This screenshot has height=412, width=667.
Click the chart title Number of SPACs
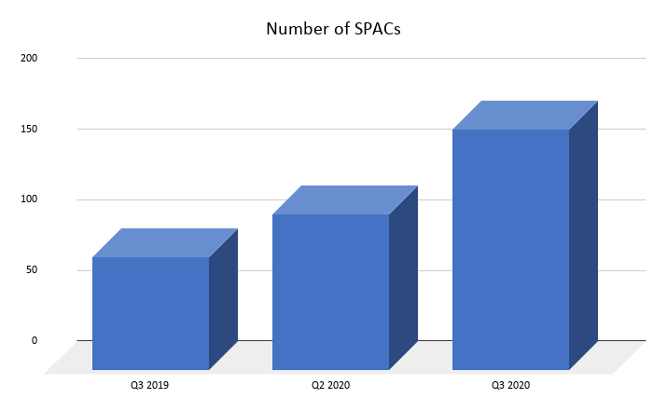pos(333,28)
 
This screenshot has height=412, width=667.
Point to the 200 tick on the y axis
pos(29,58)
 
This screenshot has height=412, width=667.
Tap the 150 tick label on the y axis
pos(29,129)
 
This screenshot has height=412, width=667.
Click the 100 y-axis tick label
pos(29,199)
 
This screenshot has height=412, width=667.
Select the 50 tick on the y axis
pos(32,270)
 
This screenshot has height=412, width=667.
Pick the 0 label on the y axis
pos(34,340)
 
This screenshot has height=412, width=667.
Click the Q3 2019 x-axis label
pos(149,384)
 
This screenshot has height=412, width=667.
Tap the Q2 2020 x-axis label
pos(330,384)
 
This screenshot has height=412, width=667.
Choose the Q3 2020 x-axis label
pos(510,384)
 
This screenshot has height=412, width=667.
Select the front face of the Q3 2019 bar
pos(150,313)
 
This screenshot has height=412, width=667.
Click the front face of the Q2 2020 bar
pos(330,292)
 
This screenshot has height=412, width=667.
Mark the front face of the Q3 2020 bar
pos(510,250)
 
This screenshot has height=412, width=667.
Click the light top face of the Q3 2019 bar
pos(165,242)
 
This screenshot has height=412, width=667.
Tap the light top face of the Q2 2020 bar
pos(345,199)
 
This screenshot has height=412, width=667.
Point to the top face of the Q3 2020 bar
pos(525,115)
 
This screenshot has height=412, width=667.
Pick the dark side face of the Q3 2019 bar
pos(223,298)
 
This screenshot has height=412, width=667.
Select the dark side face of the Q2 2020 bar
pos(403,277)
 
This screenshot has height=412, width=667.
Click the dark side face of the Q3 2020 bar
pos(583,235)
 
